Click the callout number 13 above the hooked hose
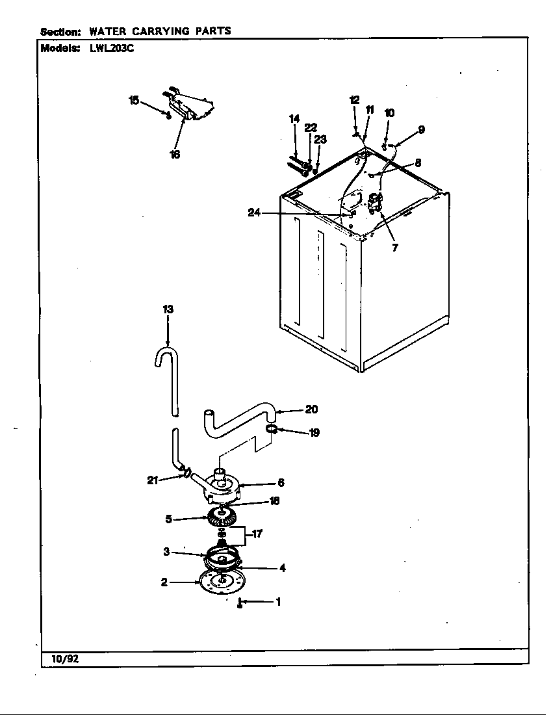[x=168, y=309]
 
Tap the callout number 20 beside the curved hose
[x=311, y=409]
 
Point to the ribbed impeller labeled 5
[x=221, y=518]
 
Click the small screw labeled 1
[x=240, y=603]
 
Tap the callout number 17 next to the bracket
[x=257, y=534]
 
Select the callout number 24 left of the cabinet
[x=254, y=213]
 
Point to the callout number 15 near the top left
[x=134, y=99]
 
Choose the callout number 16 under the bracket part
[x=175, y=155]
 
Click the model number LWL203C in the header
[x=107, y=48]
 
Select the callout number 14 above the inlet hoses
[x=294, y=118]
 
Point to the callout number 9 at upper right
[x=421, y=129]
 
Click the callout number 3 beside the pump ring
[x=166, y=552]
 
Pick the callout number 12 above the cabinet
[x=354, y=99]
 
